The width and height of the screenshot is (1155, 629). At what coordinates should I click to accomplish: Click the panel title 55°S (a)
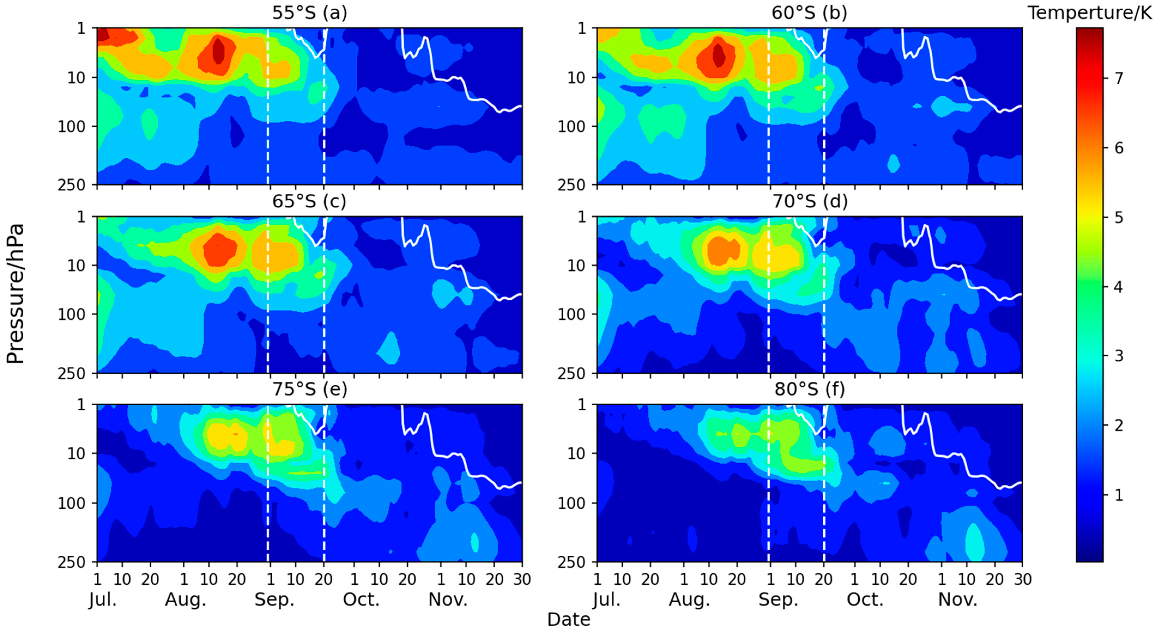(309, 13)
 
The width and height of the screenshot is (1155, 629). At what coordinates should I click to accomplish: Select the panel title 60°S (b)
(809, 13)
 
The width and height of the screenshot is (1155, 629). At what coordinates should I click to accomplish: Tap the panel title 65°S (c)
(309, 201)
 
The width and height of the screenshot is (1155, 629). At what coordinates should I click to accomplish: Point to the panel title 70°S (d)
(809, 201)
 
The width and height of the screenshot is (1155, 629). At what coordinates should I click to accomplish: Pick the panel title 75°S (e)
(309, 389)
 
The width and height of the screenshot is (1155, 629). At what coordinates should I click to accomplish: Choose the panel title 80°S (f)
(809, 389)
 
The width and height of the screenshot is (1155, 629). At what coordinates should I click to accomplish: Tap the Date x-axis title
(569, 619)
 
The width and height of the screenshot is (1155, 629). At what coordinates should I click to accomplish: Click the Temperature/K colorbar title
(1090, 13)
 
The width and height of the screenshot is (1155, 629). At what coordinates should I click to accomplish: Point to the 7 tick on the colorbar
(1118, 78)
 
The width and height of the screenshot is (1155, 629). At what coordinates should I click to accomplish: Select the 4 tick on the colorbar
(1118, 287)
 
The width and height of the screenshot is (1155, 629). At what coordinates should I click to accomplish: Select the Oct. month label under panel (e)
(361, 599)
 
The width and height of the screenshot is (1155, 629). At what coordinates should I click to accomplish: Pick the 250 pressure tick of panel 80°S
(571, 562)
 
